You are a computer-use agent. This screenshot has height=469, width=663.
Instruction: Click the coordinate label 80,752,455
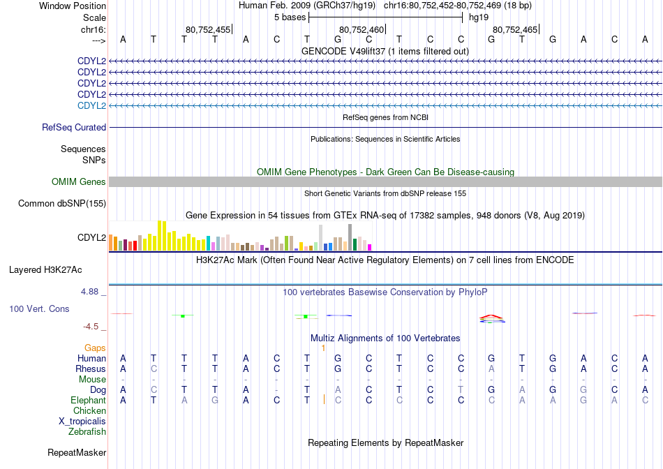tap(208, 29)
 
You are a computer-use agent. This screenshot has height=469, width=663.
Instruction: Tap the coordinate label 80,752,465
tap(515, 29)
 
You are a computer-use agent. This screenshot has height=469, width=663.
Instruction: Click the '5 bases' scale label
tap(290, 17)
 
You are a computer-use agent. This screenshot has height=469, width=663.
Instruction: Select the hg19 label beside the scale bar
tap(479, 17)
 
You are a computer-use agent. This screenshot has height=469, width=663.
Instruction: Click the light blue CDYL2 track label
tap(91, 105)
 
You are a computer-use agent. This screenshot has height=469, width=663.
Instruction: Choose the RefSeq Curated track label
tap(74, 127)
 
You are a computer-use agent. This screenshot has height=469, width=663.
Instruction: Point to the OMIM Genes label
tap(79, 182)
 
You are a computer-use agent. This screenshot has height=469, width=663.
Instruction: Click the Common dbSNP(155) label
tap(62, 203)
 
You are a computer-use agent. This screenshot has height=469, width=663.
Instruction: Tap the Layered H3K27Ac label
tap(45, 270)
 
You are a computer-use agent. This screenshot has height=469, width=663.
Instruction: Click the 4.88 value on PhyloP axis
tap(89, 292)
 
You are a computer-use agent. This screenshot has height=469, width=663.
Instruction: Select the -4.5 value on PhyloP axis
tap(91, 326)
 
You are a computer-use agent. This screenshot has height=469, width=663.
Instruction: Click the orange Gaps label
tap(95, 348)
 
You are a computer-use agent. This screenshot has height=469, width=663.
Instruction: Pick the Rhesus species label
tap(91, 368)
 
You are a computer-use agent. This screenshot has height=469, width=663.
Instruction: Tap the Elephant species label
tap(88, 400)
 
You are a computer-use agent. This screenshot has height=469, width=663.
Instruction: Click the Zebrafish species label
tap(87, 432)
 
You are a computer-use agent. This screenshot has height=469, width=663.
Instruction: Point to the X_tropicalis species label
tap(82, 422)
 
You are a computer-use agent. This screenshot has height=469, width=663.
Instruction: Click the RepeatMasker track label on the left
tap(77, 452)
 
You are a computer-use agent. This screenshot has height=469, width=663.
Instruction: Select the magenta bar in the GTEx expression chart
tap(370, 247)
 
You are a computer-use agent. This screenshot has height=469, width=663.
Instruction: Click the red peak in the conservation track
tap(491, 316)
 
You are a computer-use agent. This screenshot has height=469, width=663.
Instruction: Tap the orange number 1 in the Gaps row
tap(323, 348)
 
